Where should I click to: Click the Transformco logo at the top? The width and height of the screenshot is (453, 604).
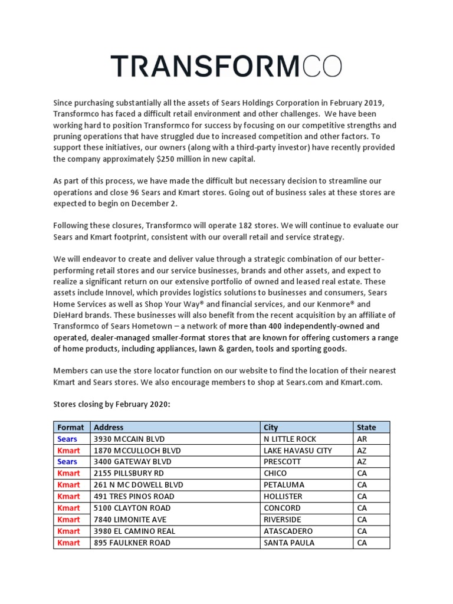click(x=226, y=66)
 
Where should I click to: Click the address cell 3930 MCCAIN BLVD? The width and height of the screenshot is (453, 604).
click(x=130, y=439)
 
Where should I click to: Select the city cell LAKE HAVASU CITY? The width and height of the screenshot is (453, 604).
click(x=298, y=450)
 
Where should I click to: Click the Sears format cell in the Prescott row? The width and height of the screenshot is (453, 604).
click(x=67, y=462)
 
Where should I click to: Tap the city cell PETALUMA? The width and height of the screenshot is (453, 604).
click(x=284, y=485)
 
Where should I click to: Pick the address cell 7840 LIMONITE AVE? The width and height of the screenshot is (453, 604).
click(x=130, y=519)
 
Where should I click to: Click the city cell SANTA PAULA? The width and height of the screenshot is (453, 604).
click(x=289, y=542)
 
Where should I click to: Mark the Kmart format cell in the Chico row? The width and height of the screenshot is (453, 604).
click(x=68, y=473)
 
